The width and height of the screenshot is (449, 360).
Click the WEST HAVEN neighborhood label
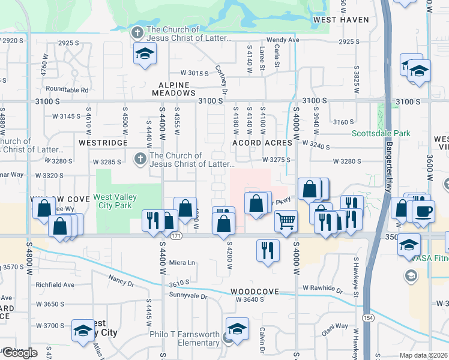click(x=341, y=20)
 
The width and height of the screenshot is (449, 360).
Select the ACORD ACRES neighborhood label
click(x=262, y=143)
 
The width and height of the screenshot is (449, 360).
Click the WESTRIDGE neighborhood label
click(x=103, y=143)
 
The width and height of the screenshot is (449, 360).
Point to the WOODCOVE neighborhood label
click(x=255, y=292)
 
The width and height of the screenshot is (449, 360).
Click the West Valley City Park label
click(x=115, y=201)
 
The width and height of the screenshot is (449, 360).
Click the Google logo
click(x=19, y=353)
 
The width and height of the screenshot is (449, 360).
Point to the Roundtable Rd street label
click(x=67, y=90)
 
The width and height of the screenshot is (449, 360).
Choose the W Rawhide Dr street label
click(x=322, y=290)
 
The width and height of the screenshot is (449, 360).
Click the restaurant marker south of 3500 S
click(x=268, y=249)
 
